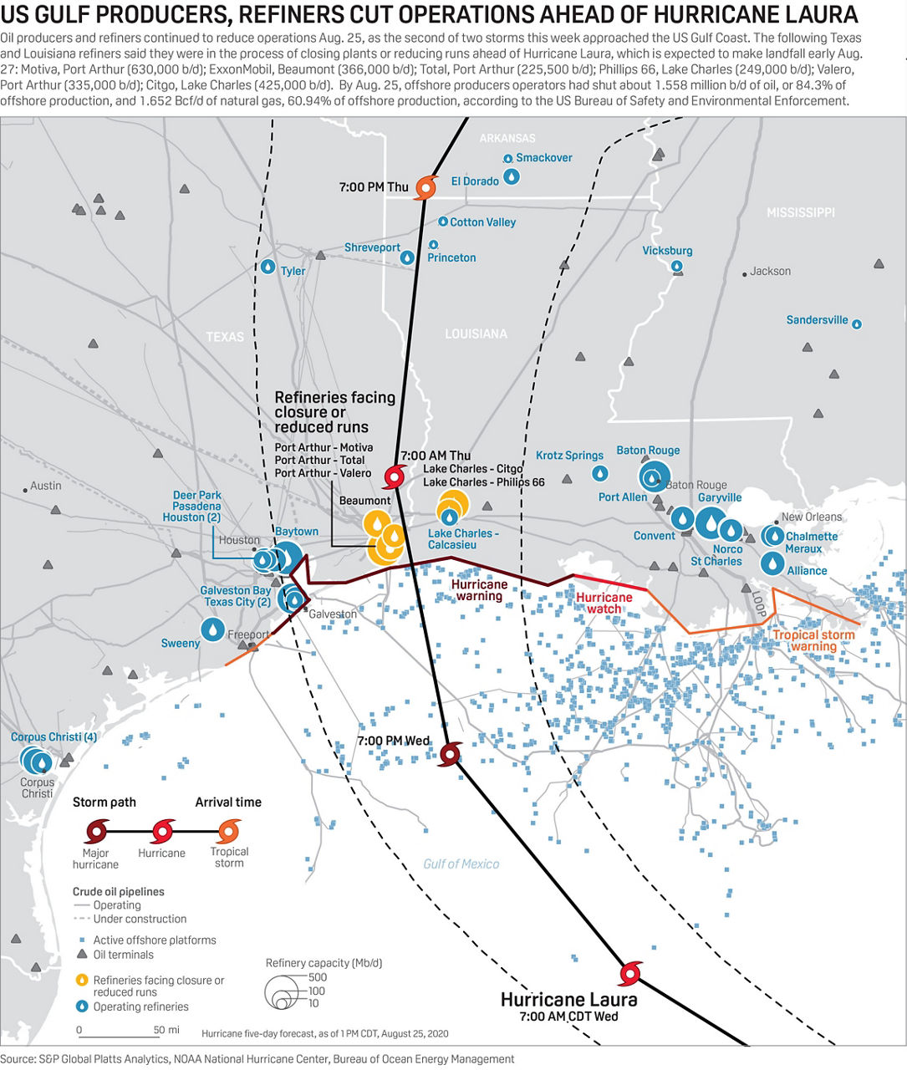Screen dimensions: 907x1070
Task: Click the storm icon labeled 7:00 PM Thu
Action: click(x=425, y=187)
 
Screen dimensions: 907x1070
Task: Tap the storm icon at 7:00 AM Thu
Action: click(x=395, y=476)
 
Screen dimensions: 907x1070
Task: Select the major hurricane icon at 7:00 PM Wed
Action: click(x=451, y=754)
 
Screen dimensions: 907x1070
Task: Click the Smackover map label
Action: click(x=544, y=157)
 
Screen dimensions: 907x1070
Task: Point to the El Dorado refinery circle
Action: click(x=512, y=176)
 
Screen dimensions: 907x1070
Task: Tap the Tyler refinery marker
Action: click(x=268, y=267)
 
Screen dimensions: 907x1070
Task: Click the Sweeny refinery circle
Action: click(x=212, y=629)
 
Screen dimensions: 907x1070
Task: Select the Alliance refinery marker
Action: click(x=772, y=563)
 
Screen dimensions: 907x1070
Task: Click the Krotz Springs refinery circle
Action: click(x=600, y=472)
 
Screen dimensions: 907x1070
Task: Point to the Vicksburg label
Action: click(x=667, y=251)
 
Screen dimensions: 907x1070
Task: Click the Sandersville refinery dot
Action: click(x=857, y=324)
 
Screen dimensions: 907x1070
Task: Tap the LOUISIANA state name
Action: click(x=476, y=334)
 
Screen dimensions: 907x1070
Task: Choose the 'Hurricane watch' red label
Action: click(x=604, y=603)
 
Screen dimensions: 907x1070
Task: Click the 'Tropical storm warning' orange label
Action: click(x=814, y=640)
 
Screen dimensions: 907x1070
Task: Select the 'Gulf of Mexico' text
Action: click(x=461, y=864)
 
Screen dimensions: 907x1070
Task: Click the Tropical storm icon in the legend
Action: click(x=228, y=832)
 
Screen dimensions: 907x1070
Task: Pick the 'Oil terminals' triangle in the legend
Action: click(x=81, y=954)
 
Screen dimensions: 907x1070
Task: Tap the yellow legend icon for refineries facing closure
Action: click(x=82, y=980)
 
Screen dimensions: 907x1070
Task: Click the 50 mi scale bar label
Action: click(x=166, y=1029)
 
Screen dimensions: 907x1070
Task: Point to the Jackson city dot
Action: click(x=745, y=274)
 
